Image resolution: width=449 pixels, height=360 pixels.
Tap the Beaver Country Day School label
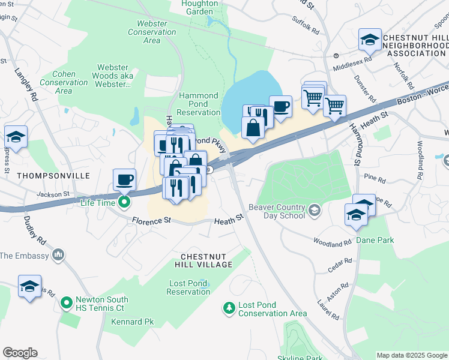282,211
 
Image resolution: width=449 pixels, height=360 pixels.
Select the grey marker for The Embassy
59,256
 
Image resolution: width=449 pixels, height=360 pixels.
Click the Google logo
20,353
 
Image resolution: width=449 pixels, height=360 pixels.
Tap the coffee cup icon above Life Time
125,179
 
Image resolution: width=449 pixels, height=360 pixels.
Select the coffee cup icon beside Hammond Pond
280,107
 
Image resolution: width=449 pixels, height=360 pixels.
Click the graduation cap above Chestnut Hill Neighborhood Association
370,40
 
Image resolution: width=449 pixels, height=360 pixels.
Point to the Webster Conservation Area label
152,32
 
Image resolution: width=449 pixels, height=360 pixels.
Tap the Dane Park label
375,240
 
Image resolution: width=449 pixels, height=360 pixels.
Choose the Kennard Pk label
132,322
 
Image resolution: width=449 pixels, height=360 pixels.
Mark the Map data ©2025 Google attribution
412,355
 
